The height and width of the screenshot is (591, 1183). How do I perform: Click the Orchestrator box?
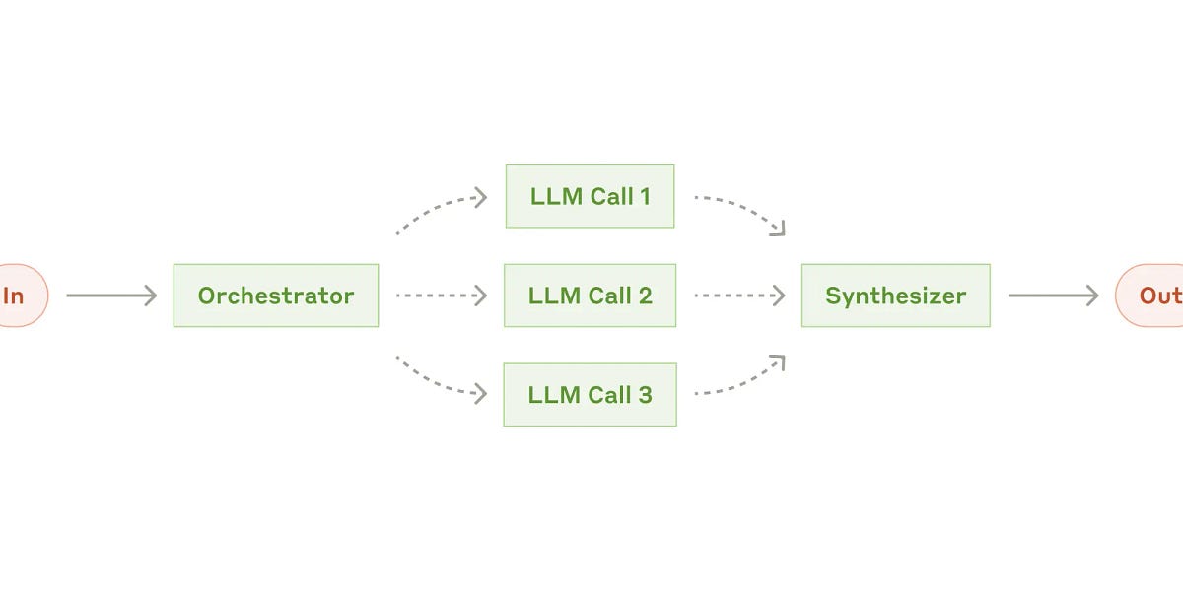pos(276,295)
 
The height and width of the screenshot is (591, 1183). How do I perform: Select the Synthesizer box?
pos(895,295)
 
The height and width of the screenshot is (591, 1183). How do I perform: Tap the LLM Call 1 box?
pos(590,196)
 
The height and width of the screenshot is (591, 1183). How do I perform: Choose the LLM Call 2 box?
pos(590,295)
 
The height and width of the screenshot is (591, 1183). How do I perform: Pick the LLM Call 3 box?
pos(590,394)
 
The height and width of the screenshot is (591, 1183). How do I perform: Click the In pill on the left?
pos(18,295)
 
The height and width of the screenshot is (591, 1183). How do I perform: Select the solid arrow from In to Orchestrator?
pos(111,295)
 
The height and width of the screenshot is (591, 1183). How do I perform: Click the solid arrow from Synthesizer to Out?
pos(1053,295)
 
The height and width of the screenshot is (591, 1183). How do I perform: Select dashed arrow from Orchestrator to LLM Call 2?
pos(442,295)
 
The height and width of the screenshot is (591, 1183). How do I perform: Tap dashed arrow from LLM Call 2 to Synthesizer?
pos(739,295)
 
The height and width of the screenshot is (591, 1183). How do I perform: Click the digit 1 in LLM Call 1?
pos(645,196)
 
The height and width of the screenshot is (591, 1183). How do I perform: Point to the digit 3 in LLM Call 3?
pos(645,395)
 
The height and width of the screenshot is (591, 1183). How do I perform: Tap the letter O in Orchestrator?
pos(207,295)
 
